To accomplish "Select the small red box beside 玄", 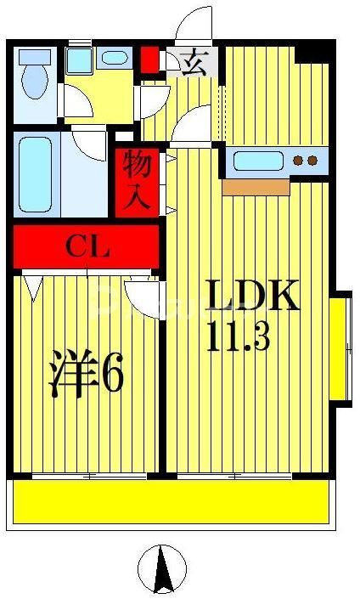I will tap(149, 59).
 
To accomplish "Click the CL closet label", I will tap(87, 247).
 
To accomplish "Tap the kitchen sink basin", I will tap(256, 160).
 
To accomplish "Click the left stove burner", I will tap(299, 160).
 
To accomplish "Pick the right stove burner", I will tap(312, 160).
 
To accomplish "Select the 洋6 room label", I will tap(85, 373).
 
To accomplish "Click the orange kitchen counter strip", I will tap(256, 186).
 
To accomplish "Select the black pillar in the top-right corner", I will tap(314, 53).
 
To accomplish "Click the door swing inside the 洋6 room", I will tap(142, 297).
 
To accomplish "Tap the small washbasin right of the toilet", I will tap(112, 59).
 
